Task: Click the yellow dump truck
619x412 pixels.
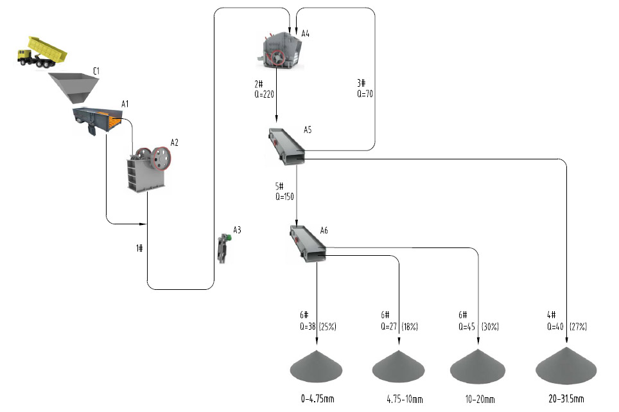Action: point(42,51)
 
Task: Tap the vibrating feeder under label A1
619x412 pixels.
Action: point(97,119)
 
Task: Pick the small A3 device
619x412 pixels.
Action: point(223,248)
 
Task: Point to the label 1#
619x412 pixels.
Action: point(139,248)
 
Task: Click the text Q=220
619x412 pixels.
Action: point(265,93)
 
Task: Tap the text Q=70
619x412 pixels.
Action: point(365,93)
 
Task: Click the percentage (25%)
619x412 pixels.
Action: point(326,327)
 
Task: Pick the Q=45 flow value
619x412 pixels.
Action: point(467,327)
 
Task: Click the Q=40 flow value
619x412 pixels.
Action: point(555,327)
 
